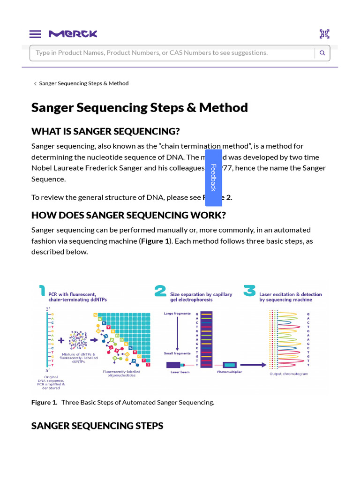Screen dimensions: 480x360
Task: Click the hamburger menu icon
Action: click(x=35, y=34)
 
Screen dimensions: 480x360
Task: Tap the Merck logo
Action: click(x=73, y=34)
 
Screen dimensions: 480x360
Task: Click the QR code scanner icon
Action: click(x=324, y=34)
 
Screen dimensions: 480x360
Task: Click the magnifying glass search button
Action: click(x=322, y=53)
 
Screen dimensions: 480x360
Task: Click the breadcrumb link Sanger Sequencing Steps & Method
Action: click(x=83, y=83)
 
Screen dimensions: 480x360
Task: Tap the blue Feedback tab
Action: click(x=213, y=177)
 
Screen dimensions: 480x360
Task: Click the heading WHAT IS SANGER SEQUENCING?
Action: click(x=105, y=131)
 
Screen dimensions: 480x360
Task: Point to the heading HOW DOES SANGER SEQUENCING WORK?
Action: click(x=128, y=215)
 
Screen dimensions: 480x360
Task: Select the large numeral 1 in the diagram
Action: click(x=42, y=292)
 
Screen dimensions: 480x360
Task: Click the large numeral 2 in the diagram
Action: click(x=160, y=292)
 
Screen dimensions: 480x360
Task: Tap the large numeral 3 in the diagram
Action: click(x=249, y=291)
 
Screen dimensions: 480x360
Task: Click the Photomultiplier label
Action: click(x=229, y=372)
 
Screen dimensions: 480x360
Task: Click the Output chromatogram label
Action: click(x=289, y=374)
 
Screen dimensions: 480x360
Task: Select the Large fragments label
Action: click(x=177, y=313)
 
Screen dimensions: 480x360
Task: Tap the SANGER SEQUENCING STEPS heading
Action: click(x=97, y=426)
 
